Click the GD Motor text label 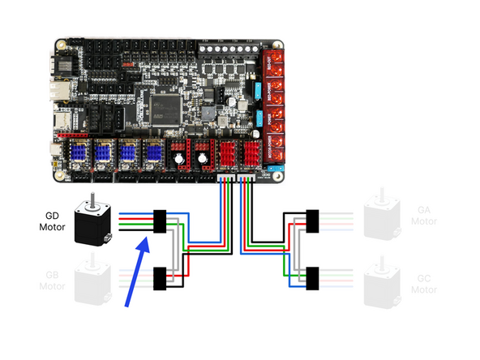54,221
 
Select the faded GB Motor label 51,280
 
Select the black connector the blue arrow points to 160,220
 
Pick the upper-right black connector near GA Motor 313,220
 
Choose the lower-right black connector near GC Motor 313,278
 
